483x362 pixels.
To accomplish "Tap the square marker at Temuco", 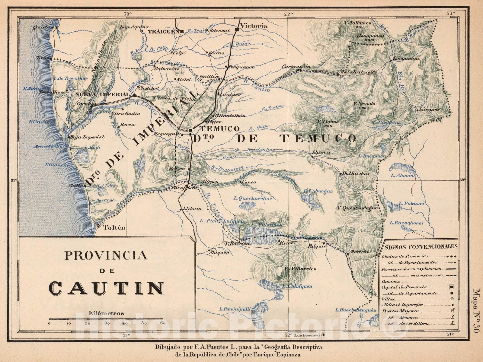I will tap(190, 130).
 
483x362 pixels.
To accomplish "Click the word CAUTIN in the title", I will tap(106, 288).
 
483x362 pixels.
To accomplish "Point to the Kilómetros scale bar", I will tap(106, 319).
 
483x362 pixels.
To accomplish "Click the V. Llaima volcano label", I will tap(328, 122).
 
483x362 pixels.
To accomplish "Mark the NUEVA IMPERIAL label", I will tap(102, 94).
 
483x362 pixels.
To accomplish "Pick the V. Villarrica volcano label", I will tap(300, 269).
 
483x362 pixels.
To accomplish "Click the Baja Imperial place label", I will tap(88, 137).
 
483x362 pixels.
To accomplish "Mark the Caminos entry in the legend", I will tap(389, 281).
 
